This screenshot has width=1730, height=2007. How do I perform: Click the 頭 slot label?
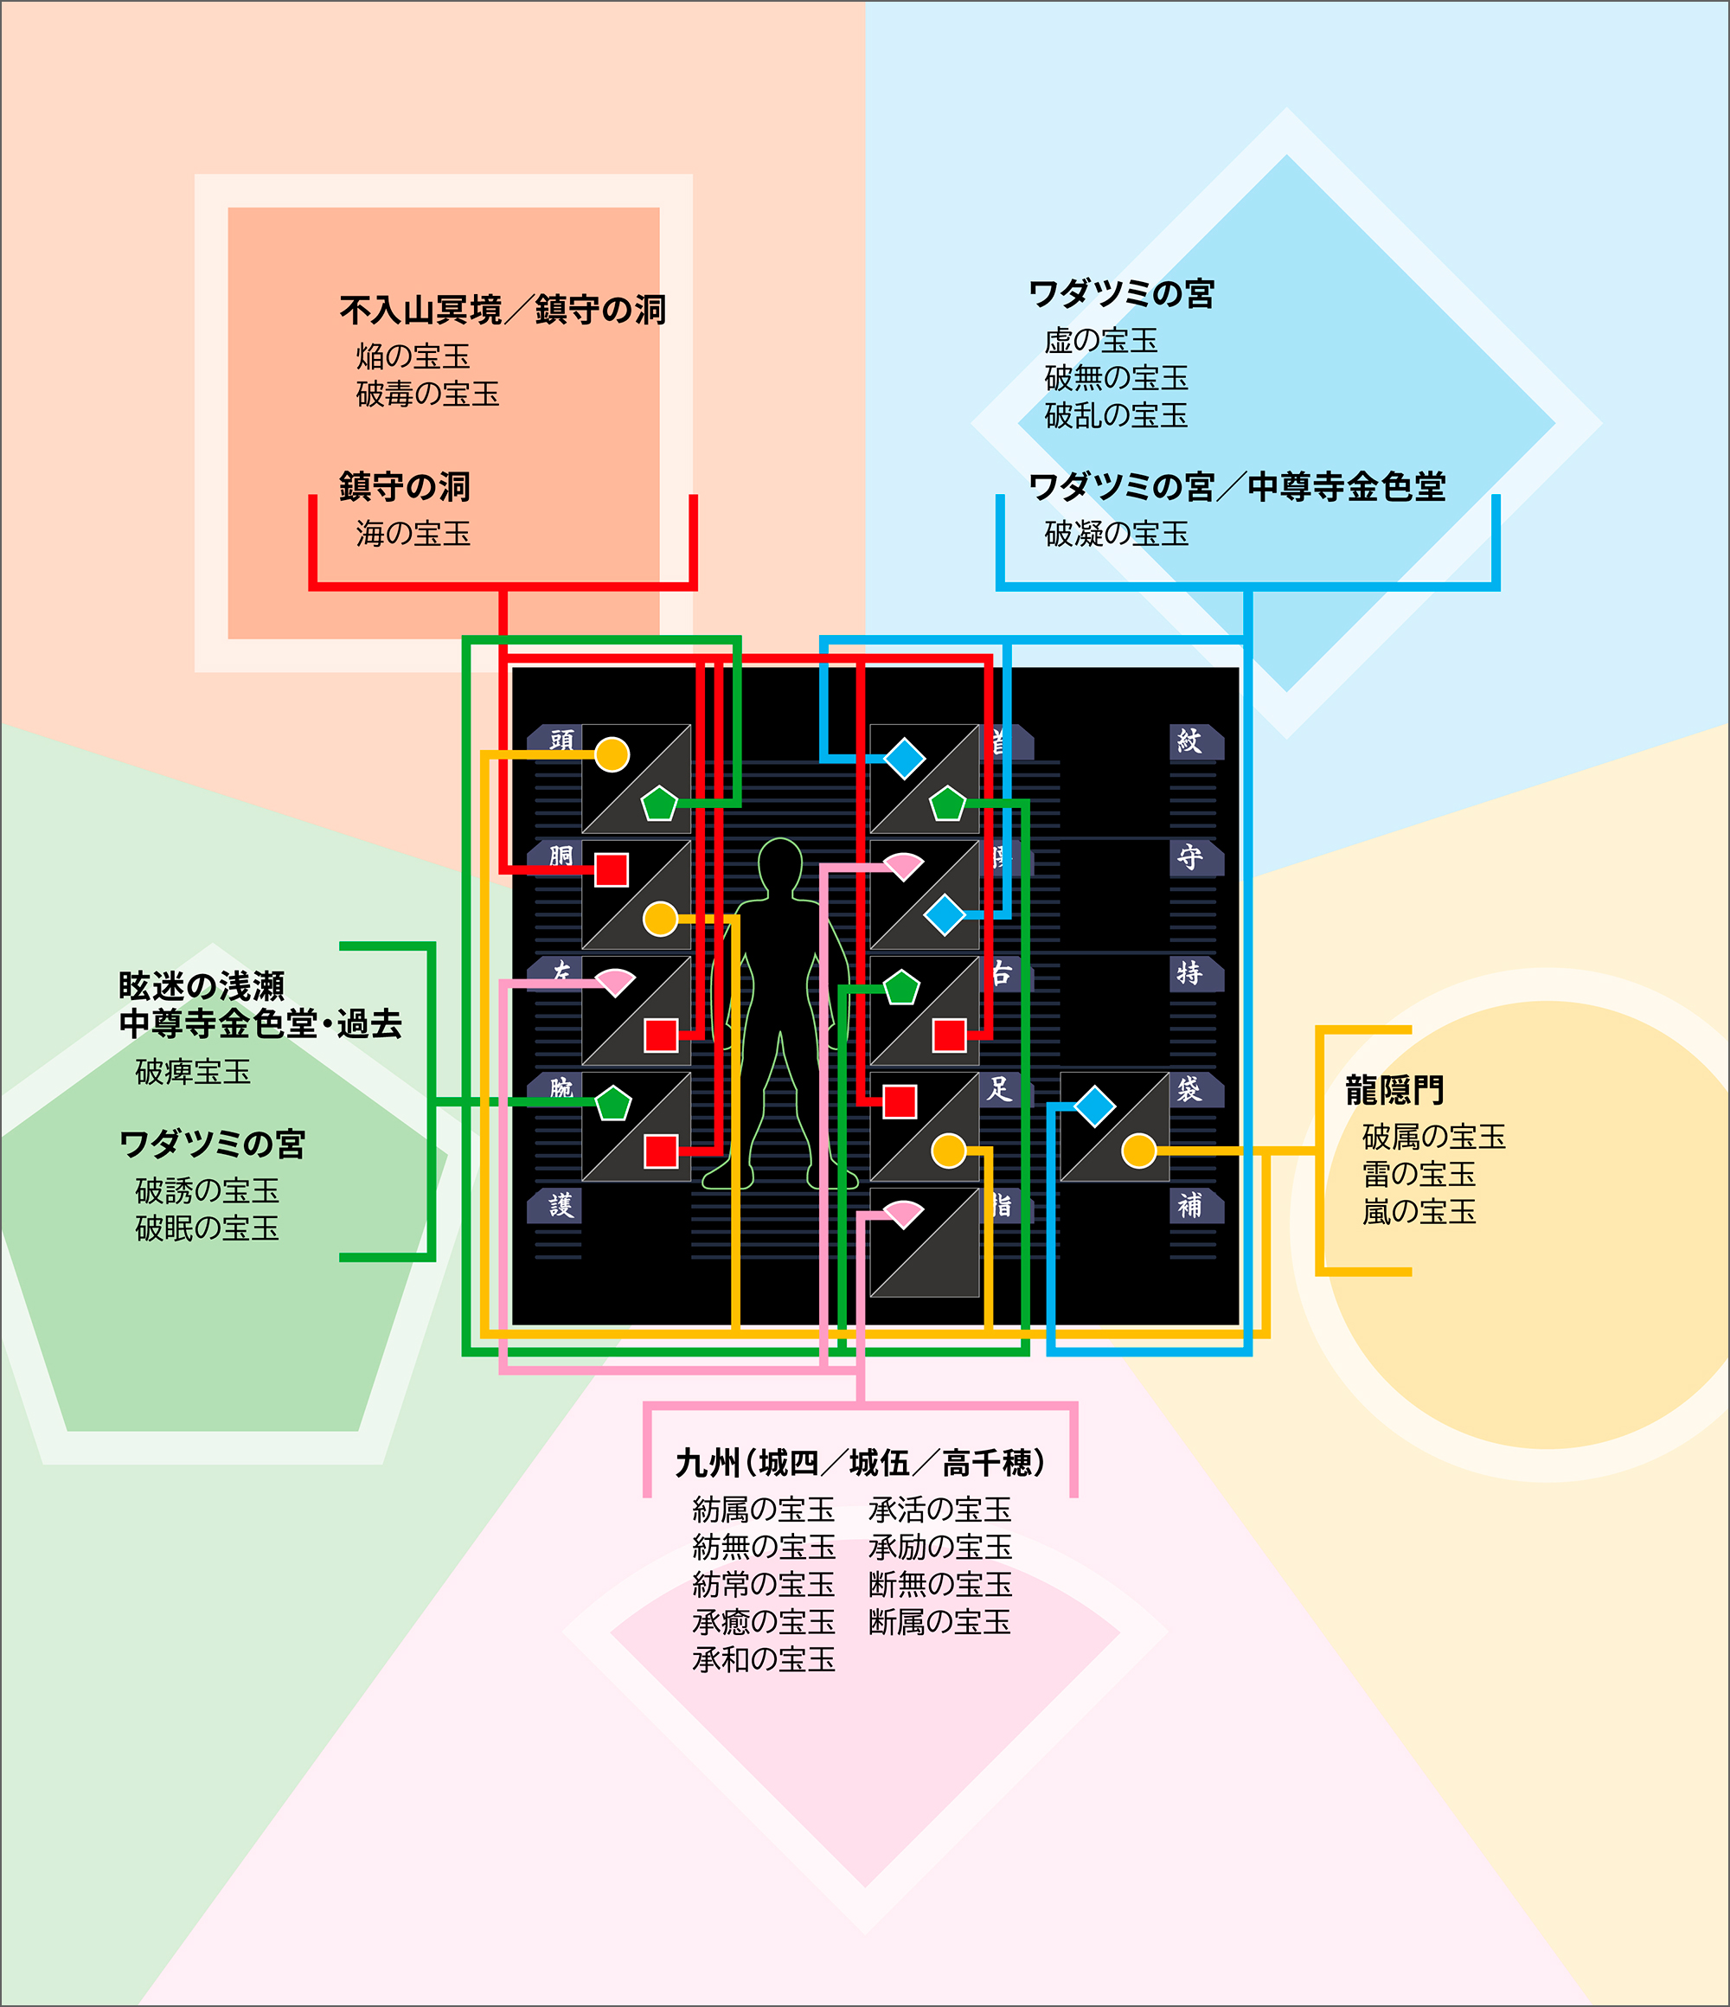coord(561,740)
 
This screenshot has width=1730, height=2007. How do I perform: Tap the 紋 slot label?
coord(1189,741)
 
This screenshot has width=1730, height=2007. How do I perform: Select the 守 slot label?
coord(1189,857)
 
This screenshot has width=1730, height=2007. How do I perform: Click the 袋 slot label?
coord(1189,1089)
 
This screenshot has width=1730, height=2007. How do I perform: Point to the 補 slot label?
coord(1189,1205)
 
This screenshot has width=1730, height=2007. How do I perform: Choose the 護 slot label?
coord(561,1205)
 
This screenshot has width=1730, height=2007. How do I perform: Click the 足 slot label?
coord(1000,1089)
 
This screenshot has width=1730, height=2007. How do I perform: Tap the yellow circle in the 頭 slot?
coord(612,754)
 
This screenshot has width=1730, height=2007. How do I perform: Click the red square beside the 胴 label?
coord(612,869)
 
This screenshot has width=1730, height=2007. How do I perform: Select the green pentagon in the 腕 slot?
coord(613,1103)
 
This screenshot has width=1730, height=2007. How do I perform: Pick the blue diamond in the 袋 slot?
coord(1094,1106)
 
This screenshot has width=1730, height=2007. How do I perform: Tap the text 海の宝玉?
coord(413,534)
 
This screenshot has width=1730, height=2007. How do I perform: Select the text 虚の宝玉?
coord(1100,341)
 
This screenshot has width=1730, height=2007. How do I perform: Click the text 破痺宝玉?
coord(193,1072)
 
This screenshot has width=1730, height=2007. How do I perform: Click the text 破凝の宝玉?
coord(1116,534)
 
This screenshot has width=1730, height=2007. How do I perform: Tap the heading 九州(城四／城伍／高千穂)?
coord(860,1463)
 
